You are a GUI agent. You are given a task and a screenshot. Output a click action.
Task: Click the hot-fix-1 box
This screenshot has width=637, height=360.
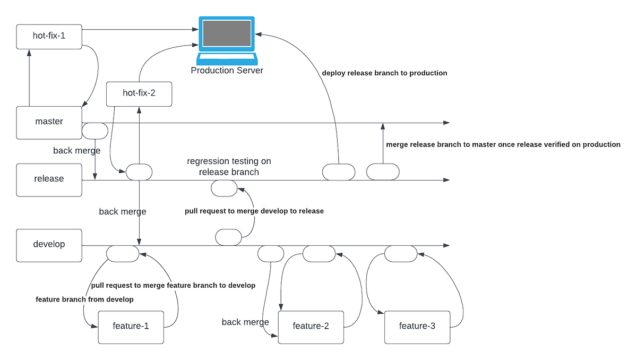pos(49,37)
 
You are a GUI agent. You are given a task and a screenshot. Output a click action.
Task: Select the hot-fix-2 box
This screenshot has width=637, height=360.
pos(139,93)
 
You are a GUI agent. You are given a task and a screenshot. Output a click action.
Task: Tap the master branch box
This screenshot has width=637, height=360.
pos(49,122)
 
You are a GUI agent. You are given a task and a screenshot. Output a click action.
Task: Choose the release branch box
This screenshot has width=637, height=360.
pos(49,179)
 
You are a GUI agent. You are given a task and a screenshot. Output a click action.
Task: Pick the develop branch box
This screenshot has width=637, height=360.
pos(49,245)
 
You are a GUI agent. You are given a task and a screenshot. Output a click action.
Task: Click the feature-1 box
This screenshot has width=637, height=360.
pos(131,327)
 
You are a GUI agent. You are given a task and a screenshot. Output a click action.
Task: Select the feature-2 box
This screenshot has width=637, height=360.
pos(311,327)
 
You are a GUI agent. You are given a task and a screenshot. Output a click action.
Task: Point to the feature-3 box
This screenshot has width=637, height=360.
pos(417,327)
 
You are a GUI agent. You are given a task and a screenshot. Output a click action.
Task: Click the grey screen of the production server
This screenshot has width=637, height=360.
pos(227,33)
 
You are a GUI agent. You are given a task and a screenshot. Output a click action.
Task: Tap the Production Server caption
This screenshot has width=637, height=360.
pos(227,70)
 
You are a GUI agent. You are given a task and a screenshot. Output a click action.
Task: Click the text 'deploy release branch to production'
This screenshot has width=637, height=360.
pos(384,73)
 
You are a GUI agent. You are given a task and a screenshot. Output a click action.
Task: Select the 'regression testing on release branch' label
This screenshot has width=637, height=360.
pos(229,166)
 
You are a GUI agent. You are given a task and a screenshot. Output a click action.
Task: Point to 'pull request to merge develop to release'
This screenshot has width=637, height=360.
pos(254,211)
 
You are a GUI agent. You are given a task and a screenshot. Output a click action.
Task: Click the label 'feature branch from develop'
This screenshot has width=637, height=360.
pos(84,299)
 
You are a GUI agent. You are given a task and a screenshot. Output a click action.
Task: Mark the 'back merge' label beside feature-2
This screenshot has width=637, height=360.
pos(245,322)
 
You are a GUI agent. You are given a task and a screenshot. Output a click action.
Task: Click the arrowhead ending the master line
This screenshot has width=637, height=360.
pos(447,123)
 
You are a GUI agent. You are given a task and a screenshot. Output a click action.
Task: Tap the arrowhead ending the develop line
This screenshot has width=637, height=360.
pos(447,246)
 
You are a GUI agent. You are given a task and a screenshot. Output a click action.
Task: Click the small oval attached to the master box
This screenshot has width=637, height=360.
pos(95,131)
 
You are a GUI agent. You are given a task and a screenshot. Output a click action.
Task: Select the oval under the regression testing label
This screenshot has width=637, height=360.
pos(224,188)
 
